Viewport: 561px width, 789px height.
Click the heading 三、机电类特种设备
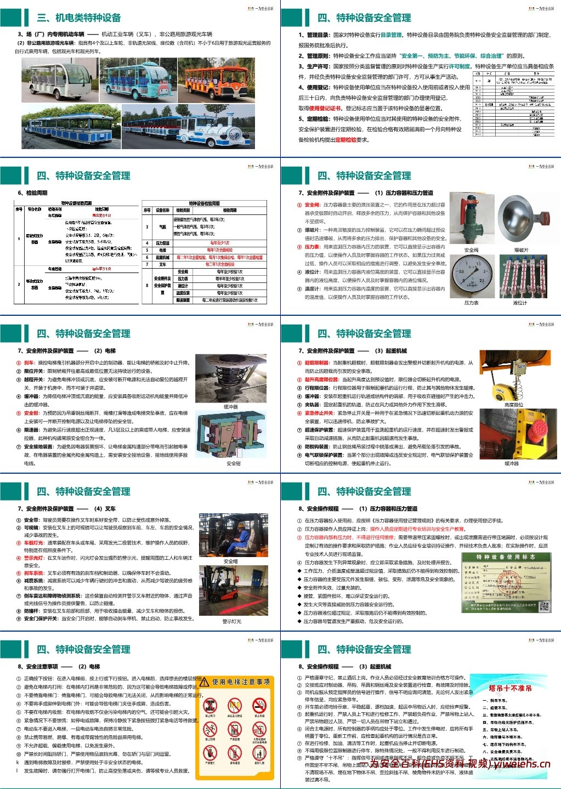[x=79, y=18]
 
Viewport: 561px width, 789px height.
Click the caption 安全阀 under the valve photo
[x=471, y=250]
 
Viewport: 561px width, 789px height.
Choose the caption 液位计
[x=519, y=303]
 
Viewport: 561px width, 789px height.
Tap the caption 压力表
[x=471, y=303]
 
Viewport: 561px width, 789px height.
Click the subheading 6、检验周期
[x=33, y=193]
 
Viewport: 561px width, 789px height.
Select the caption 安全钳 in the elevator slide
[x=233, y=463]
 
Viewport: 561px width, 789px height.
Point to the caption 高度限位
[x=513, y=405]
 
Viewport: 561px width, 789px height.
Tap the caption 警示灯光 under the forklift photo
[x=231, y=621]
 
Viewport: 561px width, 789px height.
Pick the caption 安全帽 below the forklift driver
[x=231, y=561]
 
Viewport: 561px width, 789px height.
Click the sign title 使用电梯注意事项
[x=241, y=682]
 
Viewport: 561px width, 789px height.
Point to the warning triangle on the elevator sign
[x=205, y=682]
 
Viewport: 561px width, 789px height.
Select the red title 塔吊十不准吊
[x=510, y=688]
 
